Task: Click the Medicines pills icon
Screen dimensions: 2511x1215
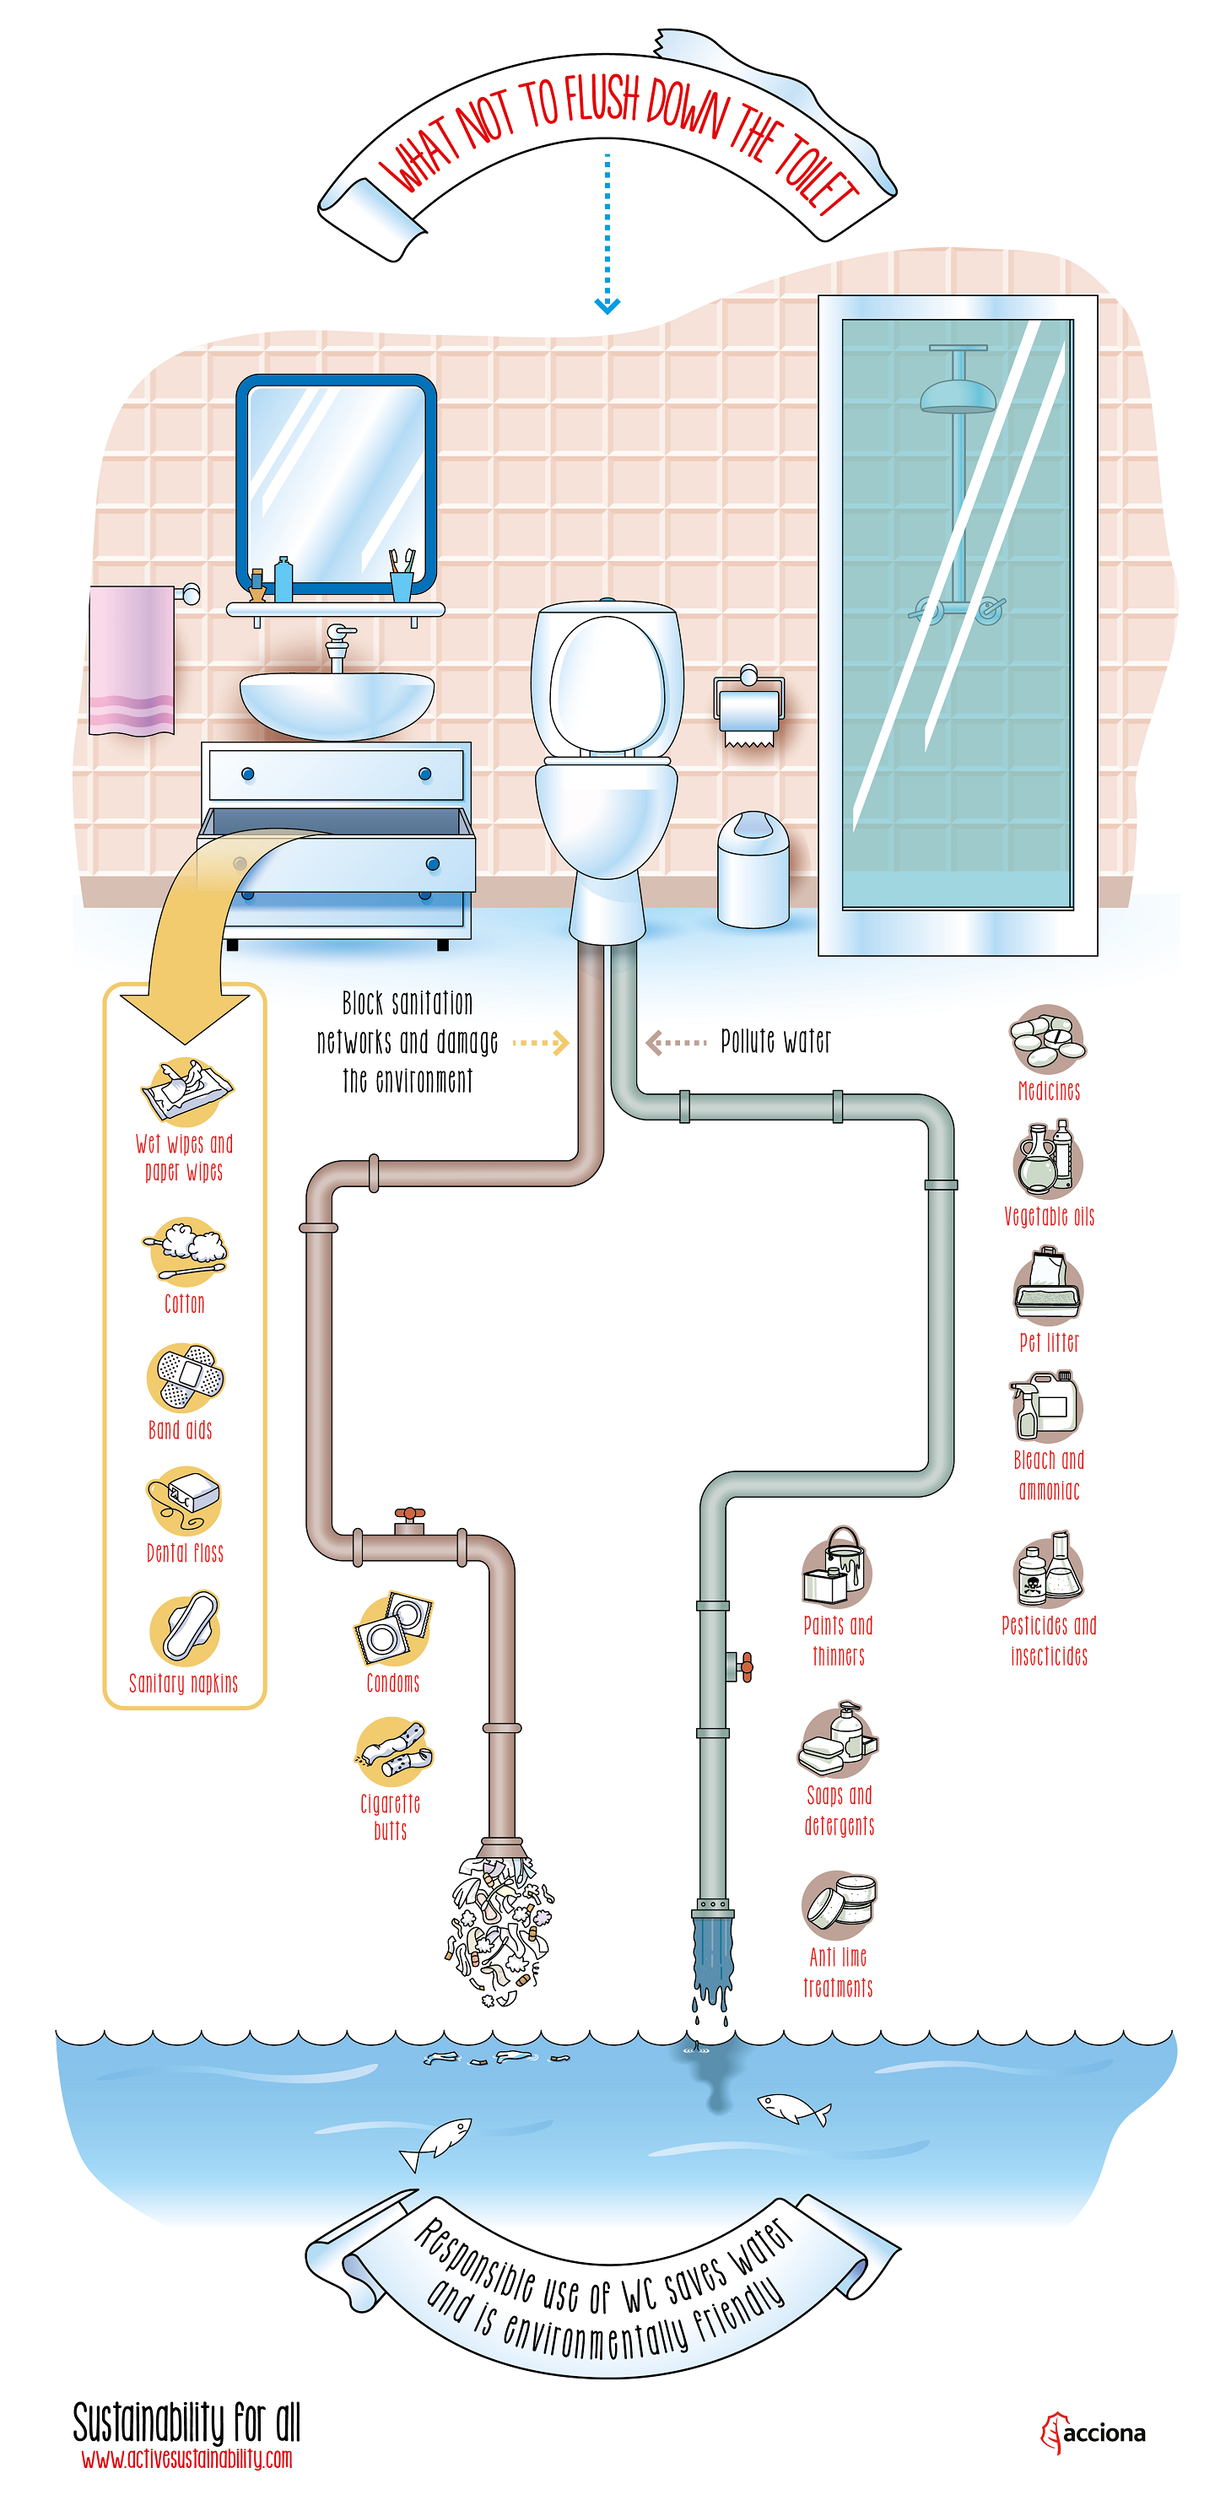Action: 1046,1039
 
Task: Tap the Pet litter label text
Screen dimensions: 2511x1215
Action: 1048,1342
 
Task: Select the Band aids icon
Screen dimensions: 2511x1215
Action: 186,1376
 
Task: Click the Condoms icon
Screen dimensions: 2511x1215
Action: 392,1630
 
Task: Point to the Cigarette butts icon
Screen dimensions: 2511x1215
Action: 393,1751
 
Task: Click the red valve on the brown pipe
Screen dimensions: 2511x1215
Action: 409,1514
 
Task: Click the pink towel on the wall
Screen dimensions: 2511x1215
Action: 131,659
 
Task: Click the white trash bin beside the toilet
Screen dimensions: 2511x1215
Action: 752,871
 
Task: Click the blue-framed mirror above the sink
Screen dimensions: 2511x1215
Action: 336,483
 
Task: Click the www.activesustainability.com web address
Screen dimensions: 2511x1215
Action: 186,2459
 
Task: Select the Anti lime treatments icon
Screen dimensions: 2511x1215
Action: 839,1903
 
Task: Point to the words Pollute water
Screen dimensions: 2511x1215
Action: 775,1041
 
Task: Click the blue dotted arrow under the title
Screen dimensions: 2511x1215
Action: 607,234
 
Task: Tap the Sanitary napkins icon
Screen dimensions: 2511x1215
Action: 186,1628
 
